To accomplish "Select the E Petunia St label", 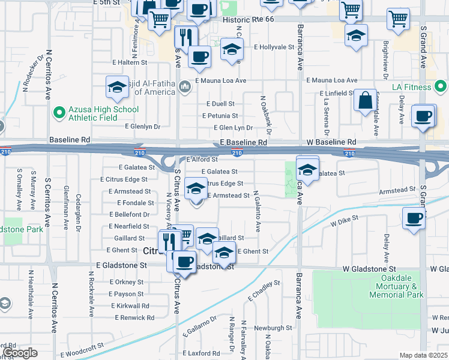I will point(220,115).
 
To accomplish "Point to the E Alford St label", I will point(202,160).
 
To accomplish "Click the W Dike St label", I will point(345,222).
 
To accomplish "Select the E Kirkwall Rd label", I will point(129,305).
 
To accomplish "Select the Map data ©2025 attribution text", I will point(423,355).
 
